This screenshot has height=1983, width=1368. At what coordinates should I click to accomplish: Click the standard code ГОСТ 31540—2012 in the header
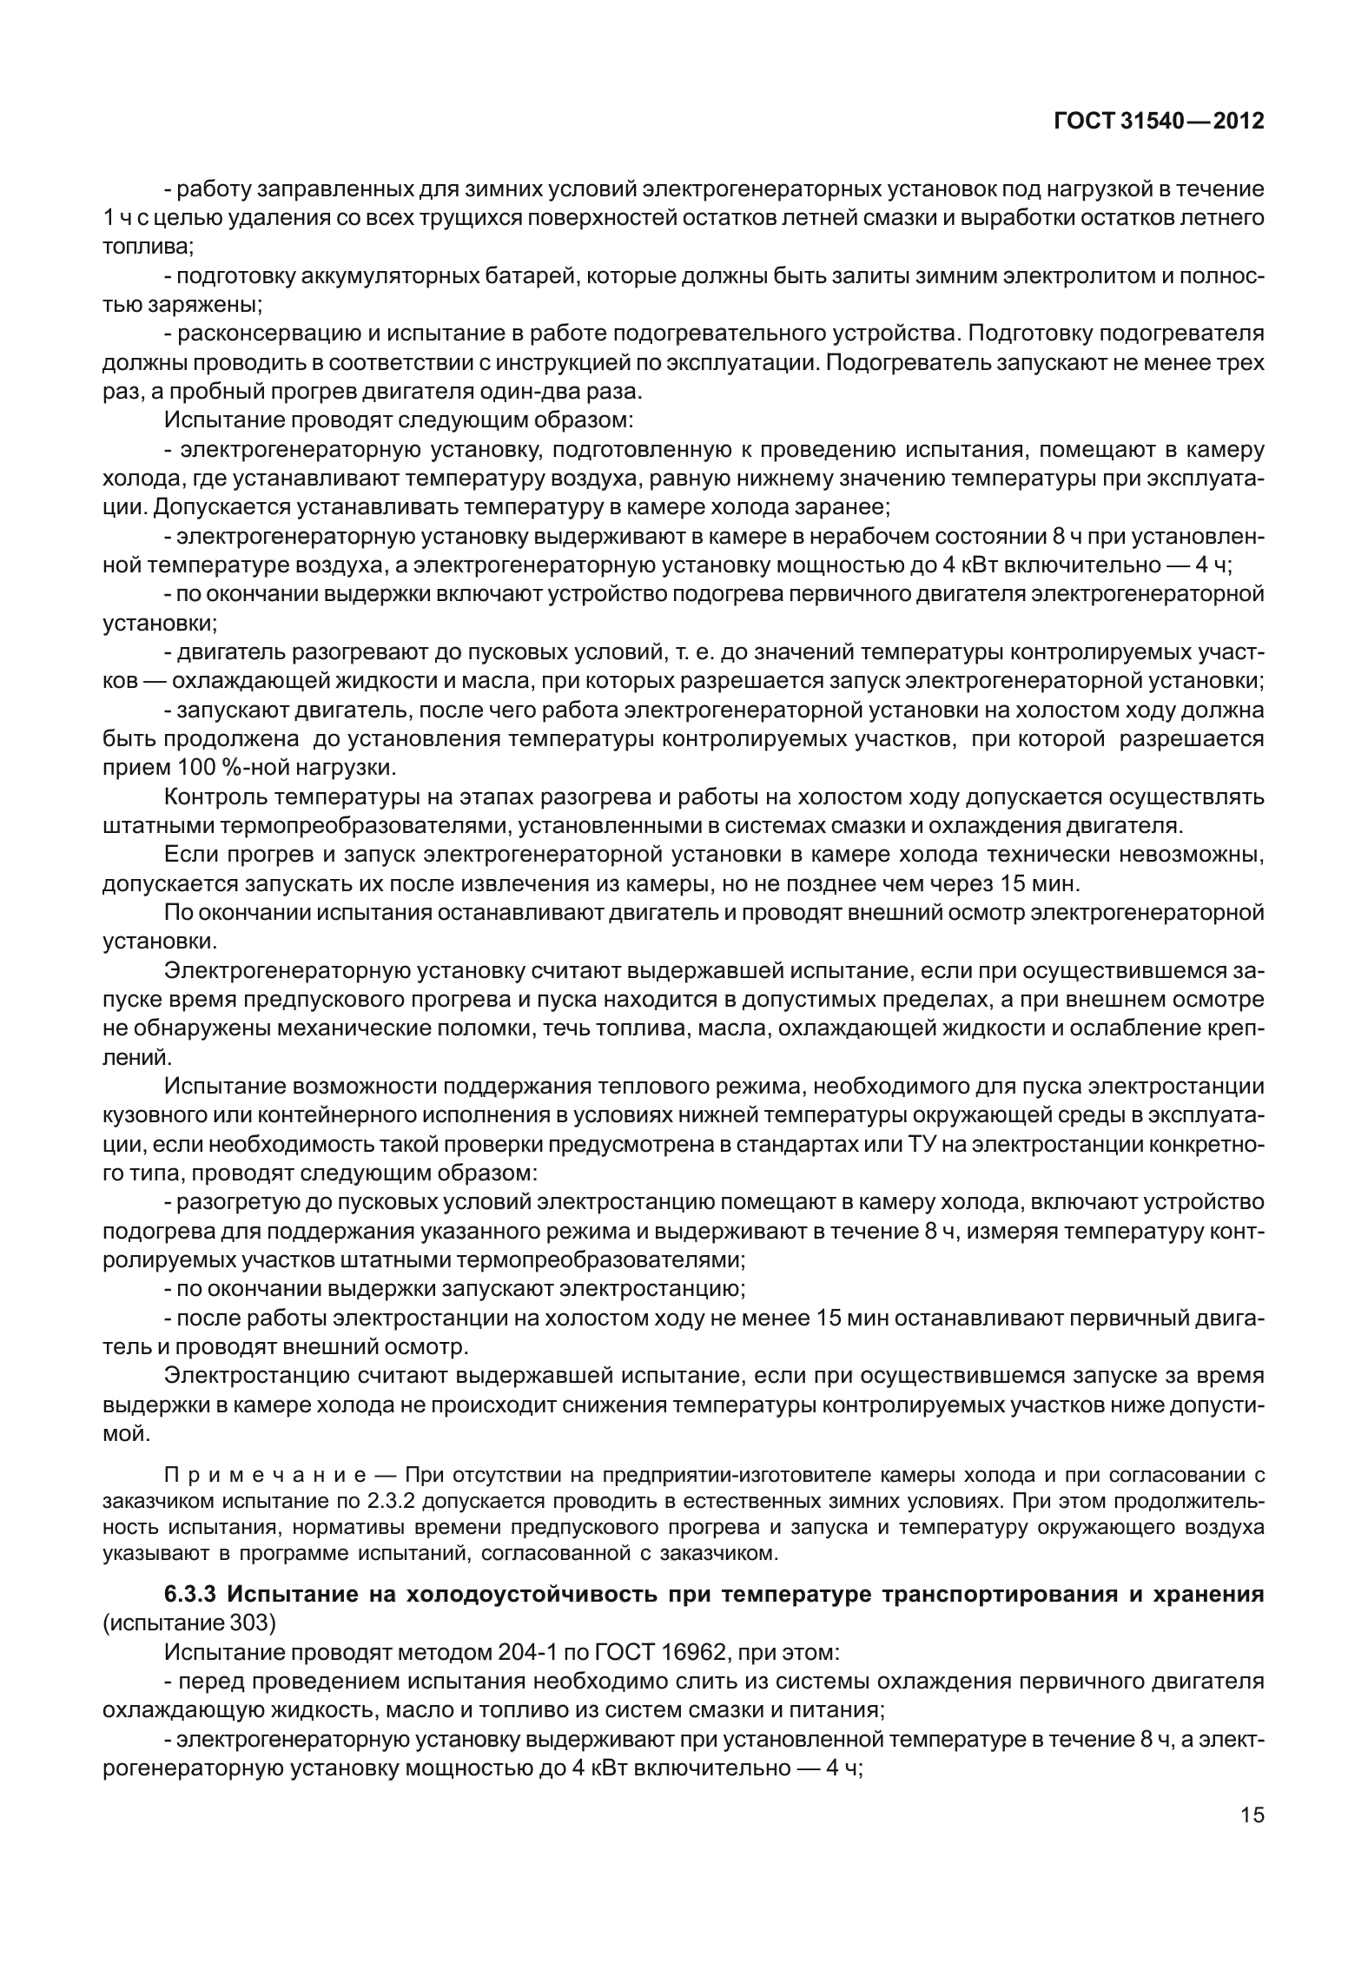tap(1159, 122)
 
